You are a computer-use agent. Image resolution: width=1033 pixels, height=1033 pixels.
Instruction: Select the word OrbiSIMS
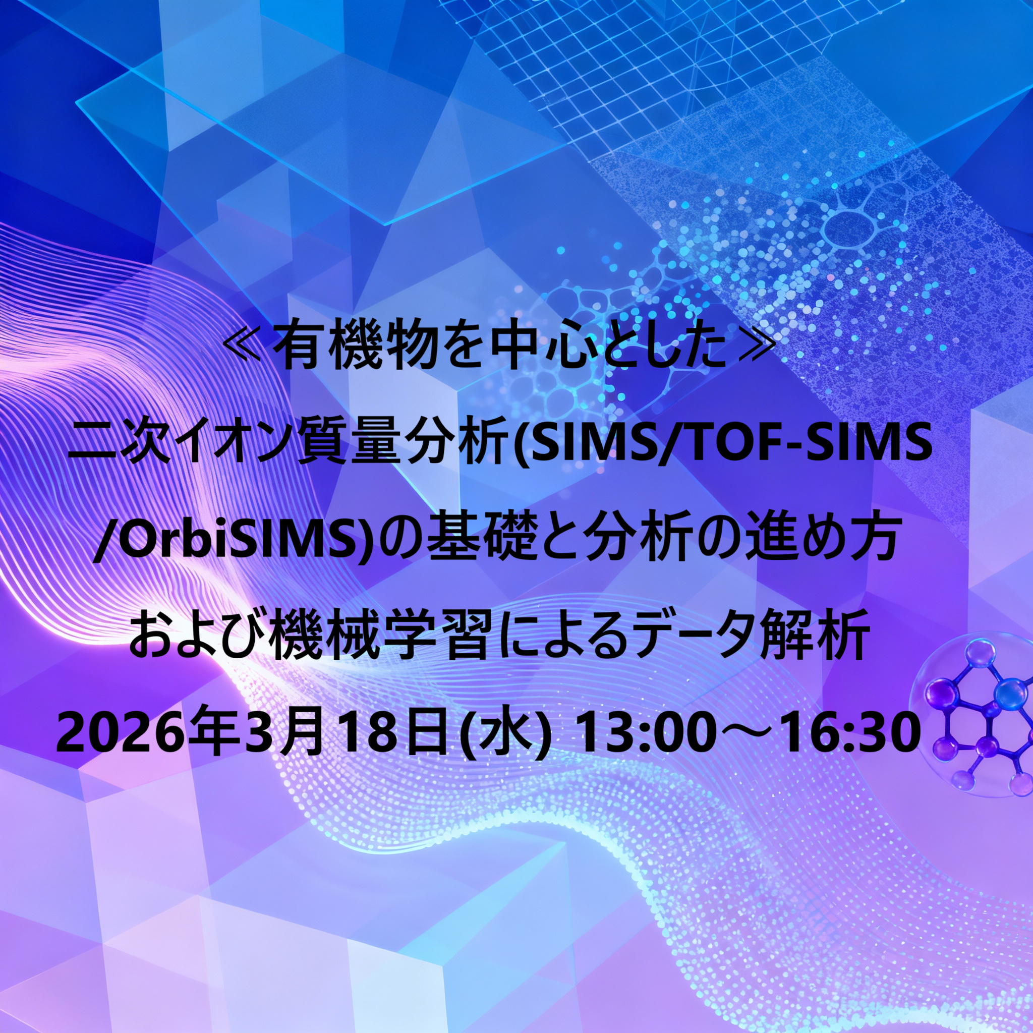(233, 544)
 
